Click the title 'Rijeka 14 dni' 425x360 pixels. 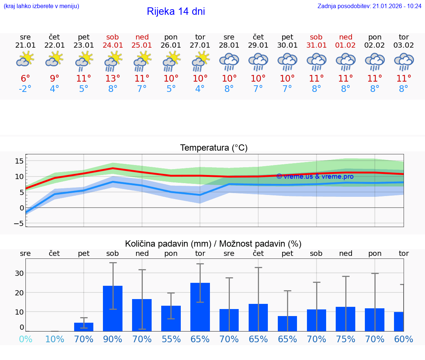176,11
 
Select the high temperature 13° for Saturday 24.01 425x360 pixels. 113,78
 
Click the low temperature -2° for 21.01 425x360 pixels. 25,89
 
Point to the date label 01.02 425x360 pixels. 346,45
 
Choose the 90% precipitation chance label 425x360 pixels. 113,339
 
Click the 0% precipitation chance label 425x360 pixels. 25,339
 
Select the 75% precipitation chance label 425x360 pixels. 346,339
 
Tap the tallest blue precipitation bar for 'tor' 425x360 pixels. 200,306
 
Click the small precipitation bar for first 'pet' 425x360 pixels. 84,327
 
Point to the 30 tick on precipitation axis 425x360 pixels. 19,273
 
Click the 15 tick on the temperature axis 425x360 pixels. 19,161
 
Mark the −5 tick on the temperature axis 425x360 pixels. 19,223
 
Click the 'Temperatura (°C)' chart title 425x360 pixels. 214,148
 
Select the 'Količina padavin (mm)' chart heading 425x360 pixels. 168,244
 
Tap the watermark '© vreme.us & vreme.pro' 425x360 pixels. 315,176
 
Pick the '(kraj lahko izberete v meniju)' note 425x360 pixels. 41,6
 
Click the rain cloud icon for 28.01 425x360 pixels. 229,62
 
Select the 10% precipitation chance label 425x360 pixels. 55,339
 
